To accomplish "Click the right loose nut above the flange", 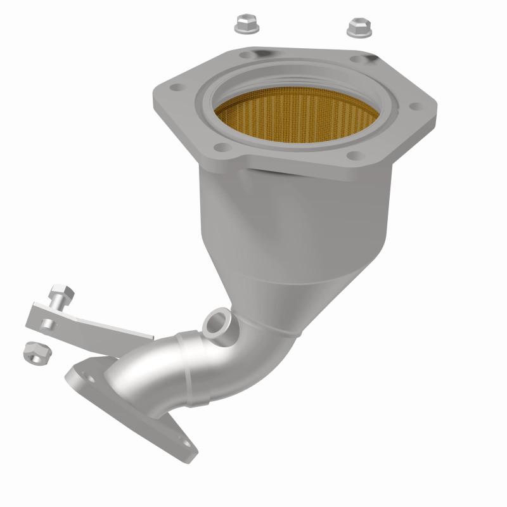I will (358, 27).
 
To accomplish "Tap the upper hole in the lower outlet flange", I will (82, 375).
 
